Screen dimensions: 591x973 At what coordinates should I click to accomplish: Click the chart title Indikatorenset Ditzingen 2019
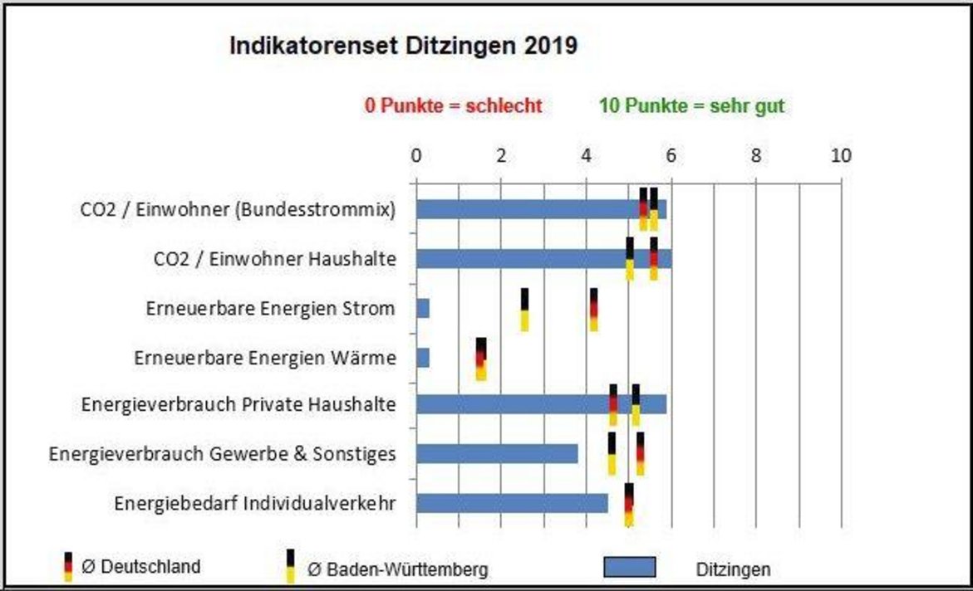tap(403, 46)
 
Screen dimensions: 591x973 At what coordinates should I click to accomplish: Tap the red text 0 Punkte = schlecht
tap(453, 106)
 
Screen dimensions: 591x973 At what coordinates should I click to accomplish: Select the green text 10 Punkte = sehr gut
tap(690, 106)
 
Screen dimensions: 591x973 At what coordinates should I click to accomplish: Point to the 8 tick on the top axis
tap(756, 155)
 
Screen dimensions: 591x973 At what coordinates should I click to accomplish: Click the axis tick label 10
tap(841, 155)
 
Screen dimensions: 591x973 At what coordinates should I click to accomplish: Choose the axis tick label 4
tap(587, 155)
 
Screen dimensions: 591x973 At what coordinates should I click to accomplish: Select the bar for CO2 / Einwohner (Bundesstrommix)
tap(532, 209)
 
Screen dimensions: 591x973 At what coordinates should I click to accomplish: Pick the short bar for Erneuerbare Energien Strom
tap(423, 309)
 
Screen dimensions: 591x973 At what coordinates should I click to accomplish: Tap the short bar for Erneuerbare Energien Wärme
tap(423, 358)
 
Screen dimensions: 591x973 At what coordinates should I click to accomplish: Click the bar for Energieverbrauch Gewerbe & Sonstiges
tap(497, 454)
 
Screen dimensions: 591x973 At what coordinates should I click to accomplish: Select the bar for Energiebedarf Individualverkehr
tap(511, 503)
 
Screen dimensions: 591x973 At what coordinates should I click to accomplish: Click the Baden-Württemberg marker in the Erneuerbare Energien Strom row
tap(524, 310)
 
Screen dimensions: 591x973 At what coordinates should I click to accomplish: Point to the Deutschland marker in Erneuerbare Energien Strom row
tap(593, 310)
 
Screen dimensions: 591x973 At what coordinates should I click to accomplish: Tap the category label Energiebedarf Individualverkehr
tap(255, 503)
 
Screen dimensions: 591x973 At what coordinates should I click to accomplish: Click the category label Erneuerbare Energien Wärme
tap(265, 358)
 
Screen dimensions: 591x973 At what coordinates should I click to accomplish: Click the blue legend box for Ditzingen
tap(629, 567)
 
